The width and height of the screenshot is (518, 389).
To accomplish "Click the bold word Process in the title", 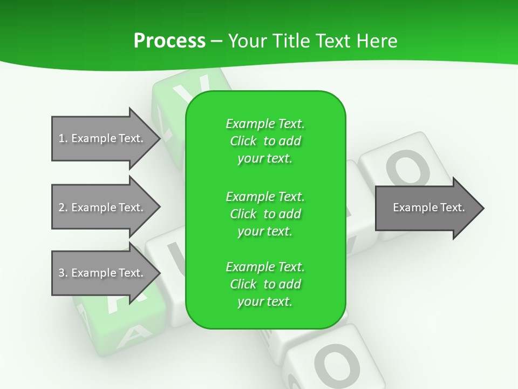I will (x=169, y=41).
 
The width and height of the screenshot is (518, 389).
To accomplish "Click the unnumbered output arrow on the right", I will (x=426, y=208).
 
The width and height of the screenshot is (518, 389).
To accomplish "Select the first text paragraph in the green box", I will (x=265, y=141).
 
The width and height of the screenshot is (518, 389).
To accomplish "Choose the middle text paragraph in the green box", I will (x=265, y=213).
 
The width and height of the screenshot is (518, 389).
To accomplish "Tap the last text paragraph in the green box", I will (x=265, y=284).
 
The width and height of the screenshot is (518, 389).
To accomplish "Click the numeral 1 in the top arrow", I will (x=62, y=138).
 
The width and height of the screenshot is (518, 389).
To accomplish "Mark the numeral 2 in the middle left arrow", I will (x=62, y=207).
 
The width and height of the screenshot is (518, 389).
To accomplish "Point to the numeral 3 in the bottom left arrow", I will (x=62, y=273).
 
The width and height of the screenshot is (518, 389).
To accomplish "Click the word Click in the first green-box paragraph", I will (x=243, y=141).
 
